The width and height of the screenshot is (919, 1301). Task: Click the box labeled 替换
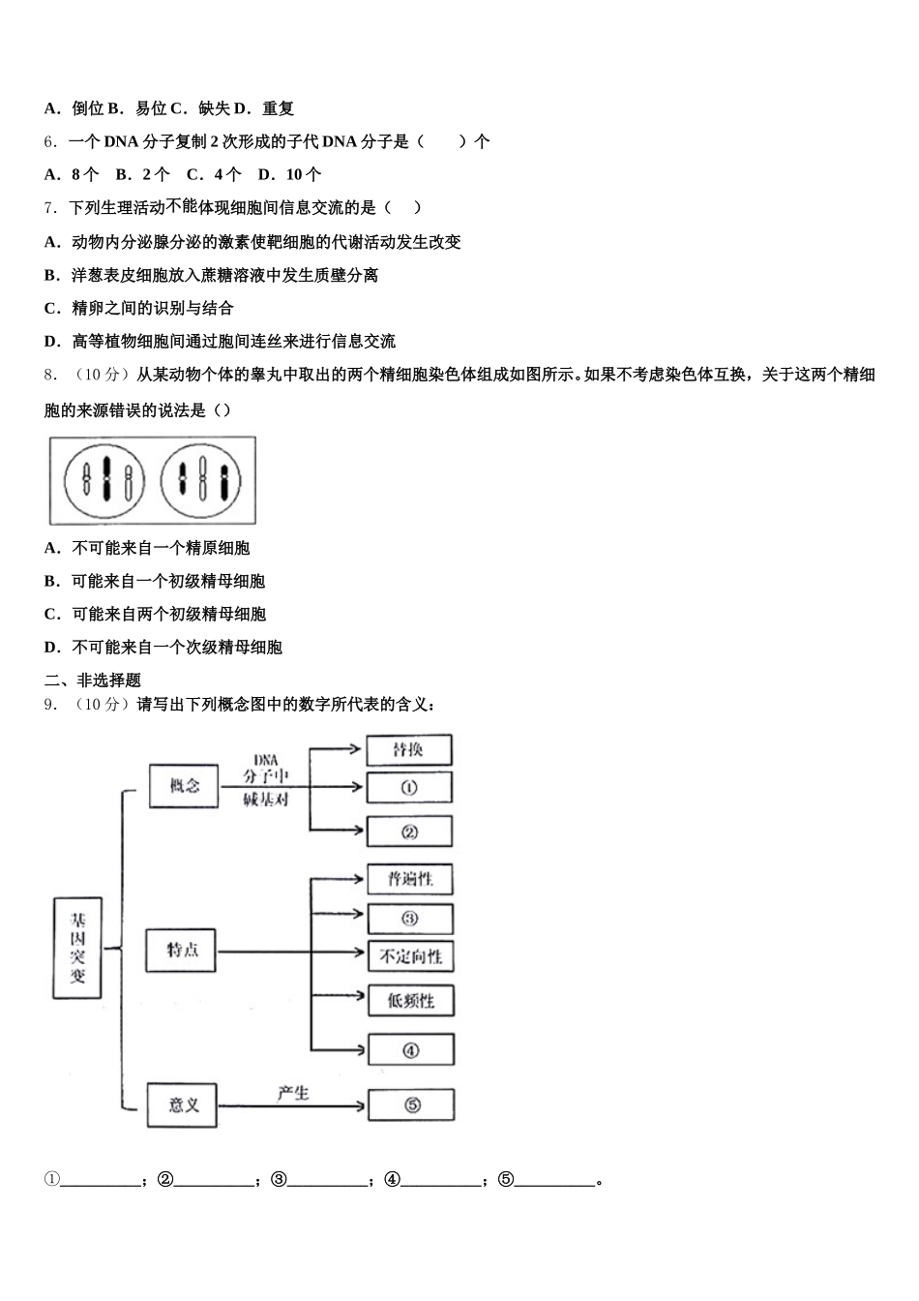point(408,750)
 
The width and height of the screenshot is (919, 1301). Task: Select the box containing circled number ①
point(408,788)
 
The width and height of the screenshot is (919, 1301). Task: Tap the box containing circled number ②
point(408,832)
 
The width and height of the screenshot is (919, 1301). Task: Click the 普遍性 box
point(410,879)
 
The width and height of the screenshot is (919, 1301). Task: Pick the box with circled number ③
point(410,919)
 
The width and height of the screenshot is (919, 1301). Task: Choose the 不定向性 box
point(410,956)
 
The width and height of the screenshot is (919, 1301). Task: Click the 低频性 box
point(410,1000)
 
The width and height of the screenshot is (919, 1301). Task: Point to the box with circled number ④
point(410,1049)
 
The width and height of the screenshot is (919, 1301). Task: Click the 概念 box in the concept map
point(184,786)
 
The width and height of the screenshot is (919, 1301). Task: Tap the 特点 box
point(181,950)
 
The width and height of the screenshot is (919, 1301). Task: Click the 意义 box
point(183,1104)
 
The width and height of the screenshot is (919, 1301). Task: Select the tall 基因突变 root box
point(76,948)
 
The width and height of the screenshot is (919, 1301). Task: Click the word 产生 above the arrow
point(292,1093)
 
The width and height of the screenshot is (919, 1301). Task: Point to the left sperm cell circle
point(104,480)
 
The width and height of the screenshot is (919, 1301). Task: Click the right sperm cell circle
point(201,480)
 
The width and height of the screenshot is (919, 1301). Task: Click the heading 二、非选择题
point(92,680)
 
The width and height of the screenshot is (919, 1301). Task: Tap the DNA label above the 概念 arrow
point(266,761)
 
